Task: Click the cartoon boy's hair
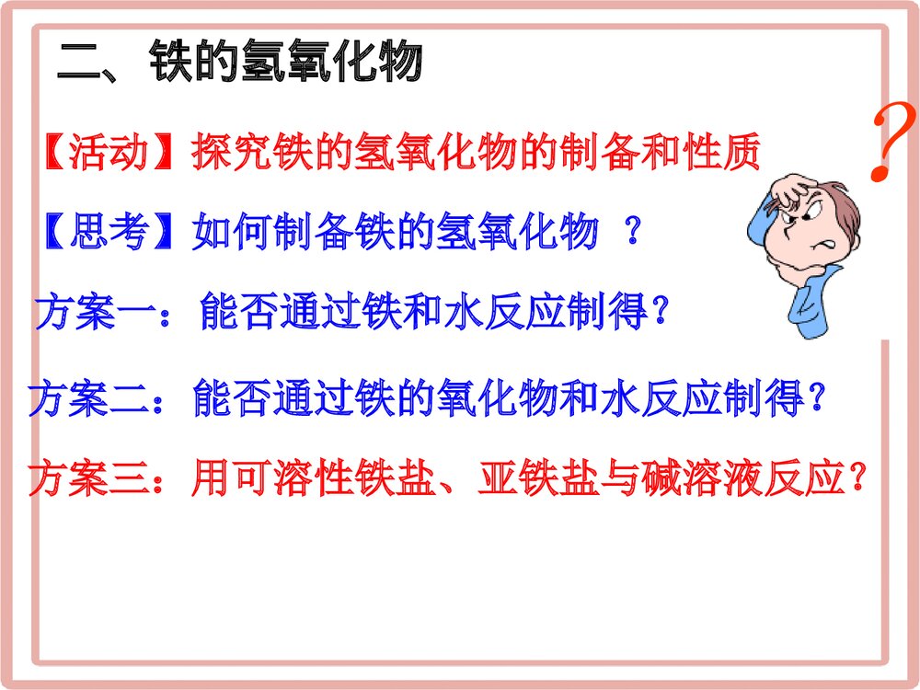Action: click(833, 198)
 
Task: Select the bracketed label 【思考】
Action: click(109, 233)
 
